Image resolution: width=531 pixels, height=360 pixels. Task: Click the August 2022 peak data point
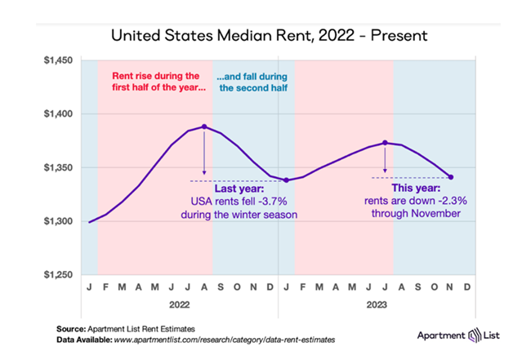[x=204, y=127]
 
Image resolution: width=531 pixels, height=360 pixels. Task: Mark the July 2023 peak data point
[x=385, y=142]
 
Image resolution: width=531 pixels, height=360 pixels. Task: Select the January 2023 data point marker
[x=286, y=180]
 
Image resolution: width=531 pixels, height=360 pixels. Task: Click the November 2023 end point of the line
[x=450, y=177]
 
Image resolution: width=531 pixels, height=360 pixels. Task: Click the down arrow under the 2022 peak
[x=204, y=155]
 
